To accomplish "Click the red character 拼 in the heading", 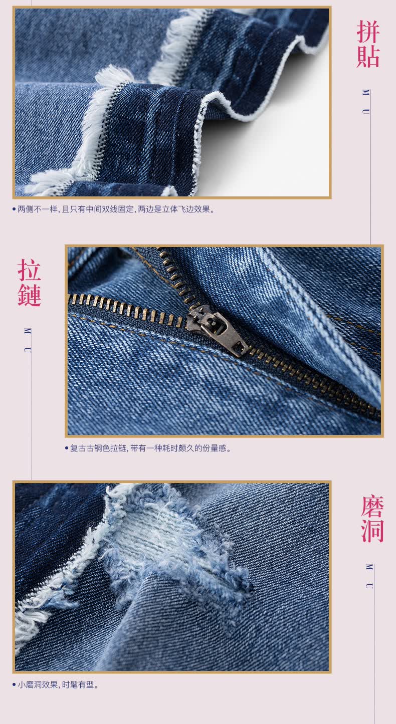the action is (x=367, y=32).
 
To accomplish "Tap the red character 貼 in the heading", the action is (x=367, y=56).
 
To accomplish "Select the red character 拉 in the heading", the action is (x=29, y=270).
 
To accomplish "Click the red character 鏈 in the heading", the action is (x=29, y=295).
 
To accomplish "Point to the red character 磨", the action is (x=372, y=507).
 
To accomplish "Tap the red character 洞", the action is (x=372, y=531).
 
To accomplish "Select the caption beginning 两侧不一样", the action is (x=116, y=209).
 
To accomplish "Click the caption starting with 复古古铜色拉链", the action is (x=151, y=448).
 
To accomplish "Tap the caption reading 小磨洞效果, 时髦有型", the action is (x=58, y=684).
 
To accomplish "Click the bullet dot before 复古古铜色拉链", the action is (x=67, y=448).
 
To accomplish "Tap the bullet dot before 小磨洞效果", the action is (x=14, y=684).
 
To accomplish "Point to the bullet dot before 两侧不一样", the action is (x=14, y=209).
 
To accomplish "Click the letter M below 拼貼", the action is (x=365, y=92).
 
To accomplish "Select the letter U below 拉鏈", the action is (x=28, y=350).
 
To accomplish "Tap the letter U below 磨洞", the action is (x=369, y=586).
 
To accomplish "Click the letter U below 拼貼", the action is (x=365, y=112).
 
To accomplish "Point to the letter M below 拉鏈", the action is (x=28, y=331).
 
